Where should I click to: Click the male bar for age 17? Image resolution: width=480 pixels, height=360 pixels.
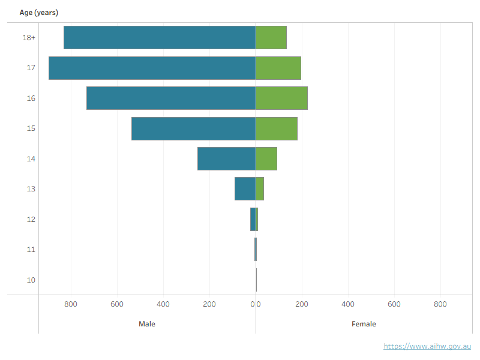pos(152,68)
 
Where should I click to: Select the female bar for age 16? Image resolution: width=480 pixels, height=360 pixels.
pos(281,98)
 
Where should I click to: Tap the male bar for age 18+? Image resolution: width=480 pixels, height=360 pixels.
pos(160,37)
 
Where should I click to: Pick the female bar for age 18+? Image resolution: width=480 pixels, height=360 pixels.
pos(271,37)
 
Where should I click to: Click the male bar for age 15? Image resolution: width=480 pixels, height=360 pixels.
pos(194,128)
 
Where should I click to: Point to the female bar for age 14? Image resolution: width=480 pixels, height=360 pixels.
pos(266,158)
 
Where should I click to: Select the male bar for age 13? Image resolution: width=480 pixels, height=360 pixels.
pos(245,188)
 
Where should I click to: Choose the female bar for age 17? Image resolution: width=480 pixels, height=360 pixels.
pos(278,68)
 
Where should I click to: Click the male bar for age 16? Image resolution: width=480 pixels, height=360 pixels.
pos(171,98)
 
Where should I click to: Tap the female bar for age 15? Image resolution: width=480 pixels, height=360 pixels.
pos(277,128)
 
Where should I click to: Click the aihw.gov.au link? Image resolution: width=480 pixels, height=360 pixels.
pos(427,346)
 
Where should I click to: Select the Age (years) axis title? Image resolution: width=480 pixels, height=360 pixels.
pos(39,13)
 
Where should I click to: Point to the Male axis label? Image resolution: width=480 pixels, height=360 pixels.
pos(147,324)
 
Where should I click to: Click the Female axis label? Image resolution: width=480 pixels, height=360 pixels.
pos(364,324)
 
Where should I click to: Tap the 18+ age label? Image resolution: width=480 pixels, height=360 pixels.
pos(29,38)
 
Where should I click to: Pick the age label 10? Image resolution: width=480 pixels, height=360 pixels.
pos(31,280)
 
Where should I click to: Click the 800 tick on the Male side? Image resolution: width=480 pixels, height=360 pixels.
pos(71,304)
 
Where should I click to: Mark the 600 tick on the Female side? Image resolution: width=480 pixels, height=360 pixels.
pos(394,304)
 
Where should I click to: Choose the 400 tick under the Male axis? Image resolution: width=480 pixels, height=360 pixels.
pos(163,304)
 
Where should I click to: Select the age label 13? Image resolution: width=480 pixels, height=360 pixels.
pos(31,189)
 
